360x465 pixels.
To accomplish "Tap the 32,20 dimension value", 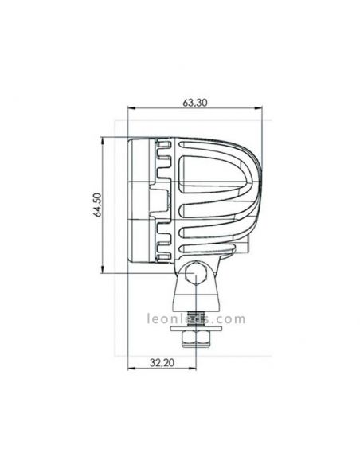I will (161, 361).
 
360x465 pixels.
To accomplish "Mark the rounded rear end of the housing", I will (251, 199).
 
